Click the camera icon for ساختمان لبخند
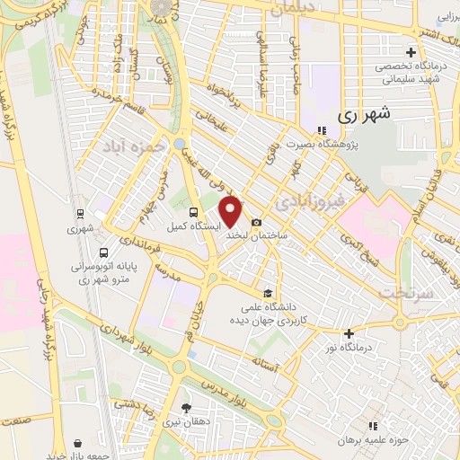(x=257, y=222)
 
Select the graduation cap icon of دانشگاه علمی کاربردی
(x=267, y=293)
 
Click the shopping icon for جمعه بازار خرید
(x=79, y=444)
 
